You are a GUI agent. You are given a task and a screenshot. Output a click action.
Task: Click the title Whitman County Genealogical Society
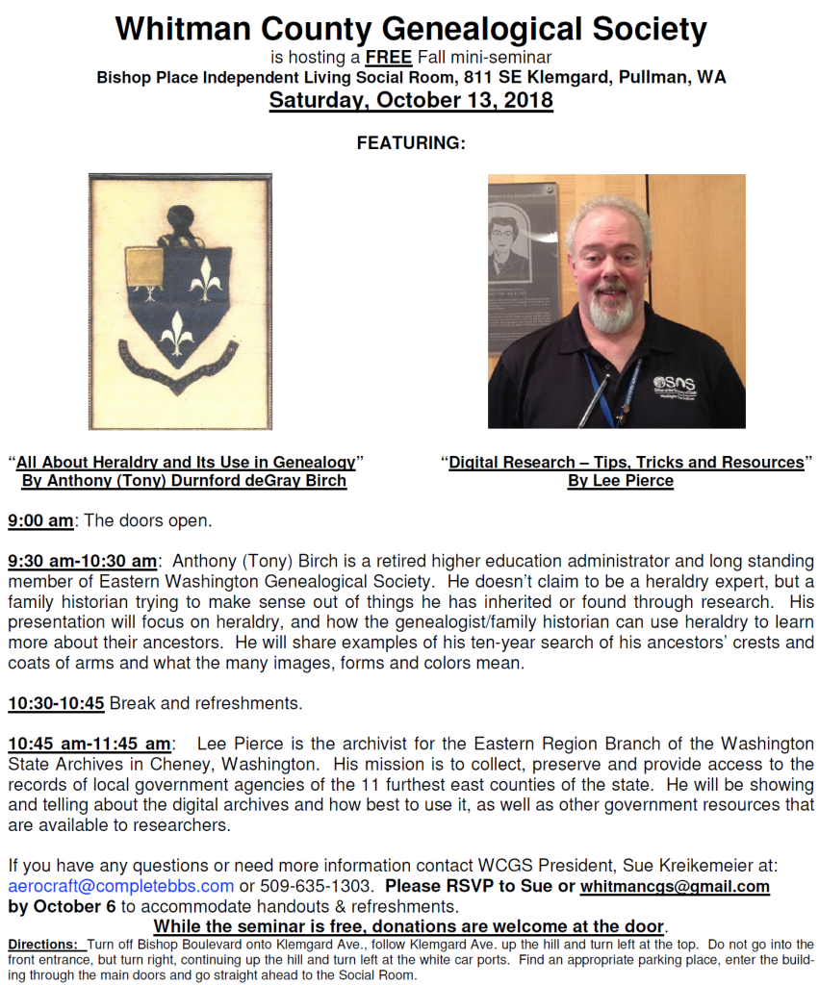click(410, 29)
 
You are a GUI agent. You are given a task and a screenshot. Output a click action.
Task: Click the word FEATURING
click(411, 143)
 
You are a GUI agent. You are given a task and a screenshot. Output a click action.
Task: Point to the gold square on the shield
click(144, 267)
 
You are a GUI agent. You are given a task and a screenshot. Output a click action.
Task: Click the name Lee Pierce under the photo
click(621, 481)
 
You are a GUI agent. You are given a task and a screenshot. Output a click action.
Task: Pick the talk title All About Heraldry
click(185, 463)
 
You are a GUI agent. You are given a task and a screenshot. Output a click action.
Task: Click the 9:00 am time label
click(40, 520)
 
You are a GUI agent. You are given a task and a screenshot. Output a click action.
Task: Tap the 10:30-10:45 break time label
click(56, 703)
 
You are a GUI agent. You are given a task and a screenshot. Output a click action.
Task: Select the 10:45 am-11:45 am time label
click(90, 745)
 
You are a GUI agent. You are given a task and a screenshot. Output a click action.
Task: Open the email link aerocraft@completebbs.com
click(120, 886)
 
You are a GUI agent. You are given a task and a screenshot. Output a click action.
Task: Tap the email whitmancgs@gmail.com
click(675, 886)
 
